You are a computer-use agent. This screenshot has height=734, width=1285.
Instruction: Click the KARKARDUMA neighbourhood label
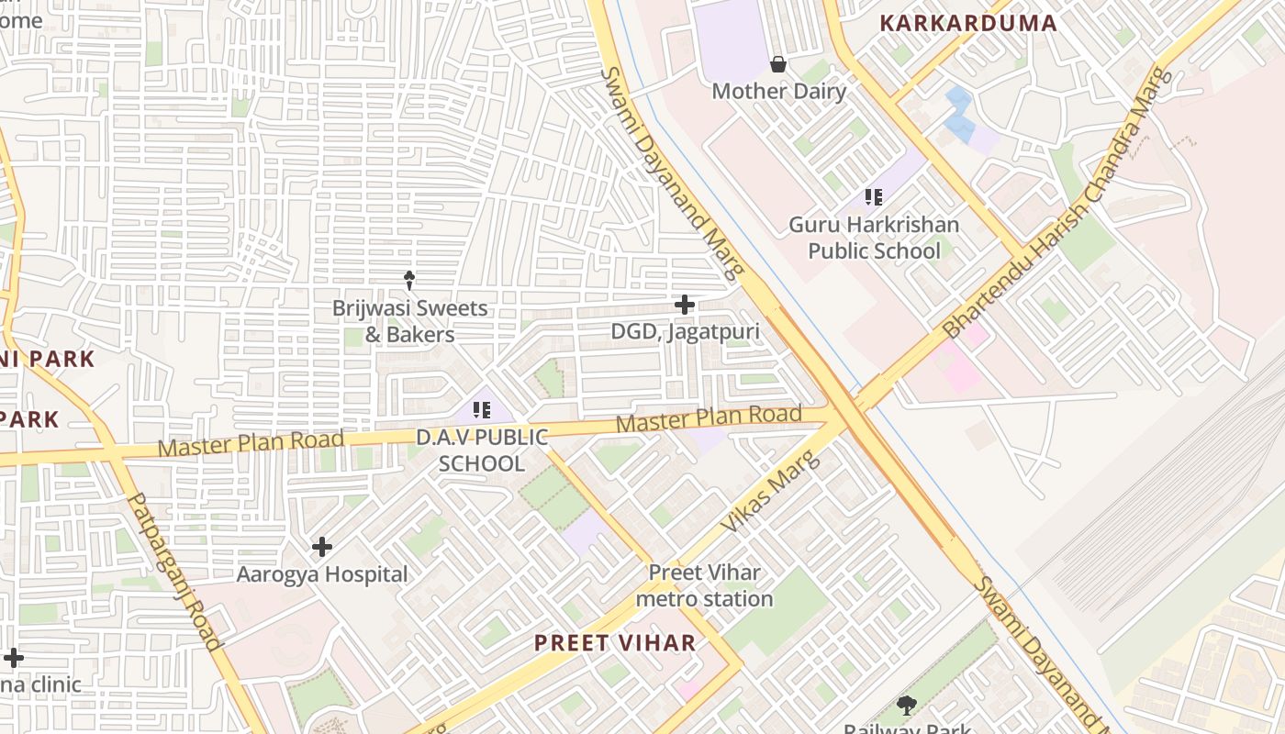[x=968, y=23]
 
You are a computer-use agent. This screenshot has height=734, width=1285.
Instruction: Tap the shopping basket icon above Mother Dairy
[x=778, y=63]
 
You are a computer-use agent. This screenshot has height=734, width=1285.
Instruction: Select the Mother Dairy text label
[x=778, y=91]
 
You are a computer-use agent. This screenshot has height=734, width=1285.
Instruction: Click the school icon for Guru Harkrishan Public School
[x=873, y=196]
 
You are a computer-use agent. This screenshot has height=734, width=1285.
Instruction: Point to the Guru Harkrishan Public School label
[x=874, y=238]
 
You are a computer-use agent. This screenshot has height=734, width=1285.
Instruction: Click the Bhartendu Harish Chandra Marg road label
[x=1058, y=204]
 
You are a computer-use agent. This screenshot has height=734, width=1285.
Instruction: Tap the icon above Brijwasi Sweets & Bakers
[x=409, y=280]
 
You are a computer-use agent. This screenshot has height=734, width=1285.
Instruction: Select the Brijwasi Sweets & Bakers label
[x=409, y=321]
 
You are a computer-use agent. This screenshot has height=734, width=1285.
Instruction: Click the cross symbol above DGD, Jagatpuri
[x=684, y=305]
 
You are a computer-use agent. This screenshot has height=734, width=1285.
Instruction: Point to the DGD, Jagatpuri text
[x=685, y=331]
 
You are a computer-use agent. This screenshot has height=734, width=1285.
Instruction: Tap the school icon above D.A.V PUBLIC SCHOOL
[x=482, y=410]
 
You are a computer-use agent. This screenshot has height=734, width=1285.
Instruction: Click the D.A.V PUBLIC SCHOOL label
[x=482, y=450]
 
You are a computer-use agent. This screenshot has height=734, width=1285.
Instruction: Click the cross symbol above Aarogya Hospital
[x=321, y=547]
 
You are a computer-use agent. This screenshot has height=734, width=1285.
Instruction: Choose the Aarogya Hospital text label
[x=322, y=574]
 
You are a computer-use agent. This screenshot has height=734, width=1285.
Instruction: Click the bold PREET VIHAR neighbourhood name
[x=615, y=642]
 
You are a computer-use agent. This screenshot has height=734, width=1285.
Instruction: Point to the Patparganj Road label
[x=174, y=571]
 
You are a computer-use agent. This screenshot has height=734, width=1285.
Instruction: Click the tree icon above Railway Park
[x=907, y=706]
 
